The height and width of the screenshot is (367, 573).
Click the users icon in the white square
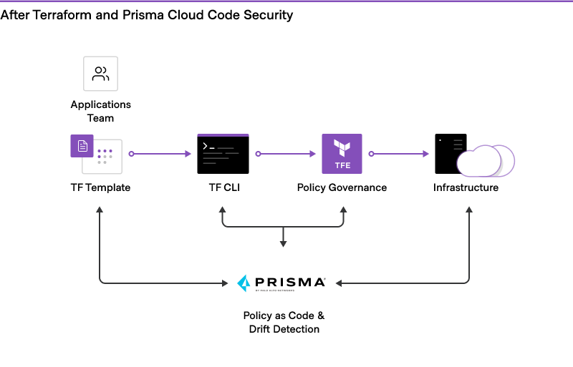100,74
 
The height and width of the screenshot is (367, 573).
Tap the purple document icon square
82,146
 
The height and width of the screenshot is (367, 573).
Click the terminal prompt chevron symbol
205,146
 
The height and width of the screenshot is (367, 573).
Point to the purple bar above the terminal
223,134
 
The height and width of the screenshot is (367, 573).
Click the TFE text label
342,165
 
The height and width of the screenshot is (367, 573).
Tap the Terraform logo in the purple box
342,148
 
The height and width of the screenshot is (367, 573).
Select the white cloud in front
478,162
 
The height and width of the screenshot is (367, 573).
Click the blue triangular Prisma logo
244,283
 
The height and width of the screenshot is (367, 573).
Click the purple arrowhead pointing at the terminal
188,154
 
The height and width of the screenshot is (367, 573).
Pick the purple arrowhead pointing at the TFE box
313,154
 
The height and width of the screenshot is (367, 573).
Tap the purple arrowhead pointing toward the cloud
426,154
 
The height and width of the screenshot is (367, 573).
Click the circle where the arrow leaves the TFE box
371,154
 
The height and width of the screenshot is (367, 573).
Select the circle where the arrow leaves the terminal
258,154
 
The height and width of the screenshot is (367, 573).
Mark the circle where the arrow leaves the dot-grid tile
131,154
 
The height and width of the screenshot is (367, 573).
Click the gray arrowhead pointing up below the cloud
469,210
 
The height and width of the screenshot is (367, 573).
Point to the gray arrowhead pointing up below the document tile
100,210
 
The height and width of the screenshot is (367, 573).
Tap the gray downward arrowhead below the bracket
283,244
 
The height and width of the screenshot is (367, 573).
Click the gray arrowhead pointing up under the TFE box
343,210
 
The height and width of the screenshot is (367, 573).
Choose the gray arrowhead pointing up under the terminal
222,210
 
